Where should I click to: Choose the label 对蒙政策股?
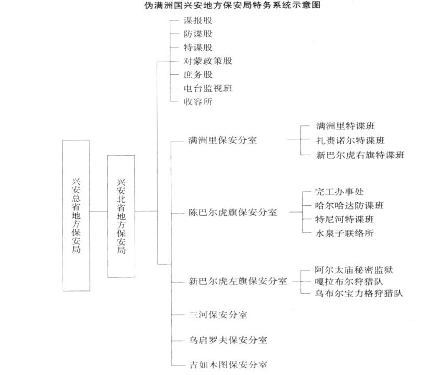(x=208, y=61)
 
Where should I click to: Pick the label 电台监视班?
(x=208, y=88)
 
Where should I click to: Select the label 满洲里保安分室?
(x=222, y=140)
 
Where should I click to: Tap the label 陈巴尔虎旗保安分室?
(x=232, y=213)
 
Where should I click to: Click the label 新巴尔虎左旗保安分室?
(x=238, y=281)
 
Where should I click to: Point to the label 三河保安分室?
(x=218, y=315)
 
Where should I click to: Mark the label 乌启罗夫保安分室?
(x=228, y=341)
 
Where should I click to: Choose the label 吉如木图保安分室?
(x=228, y=365)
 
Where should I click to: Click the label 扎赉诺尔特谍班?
(x=350, y=140)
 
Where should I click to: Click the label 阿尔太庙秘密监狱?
(x=358, y=270)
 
